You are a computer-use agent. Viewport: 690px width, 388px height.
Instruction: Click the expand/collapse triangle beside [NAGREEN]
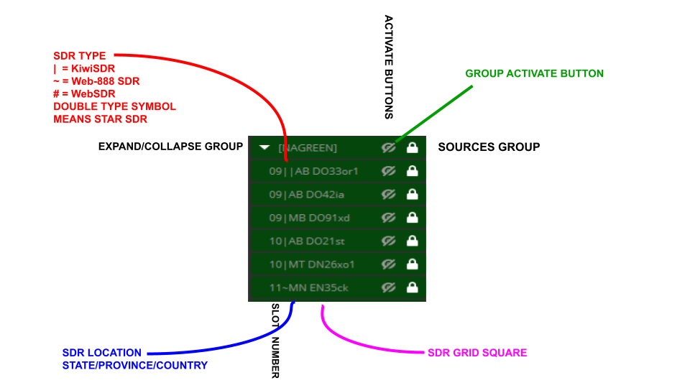(264, 147)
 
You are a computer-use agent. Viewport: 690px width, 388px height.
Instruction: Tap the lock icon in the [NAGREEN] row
(412, 147)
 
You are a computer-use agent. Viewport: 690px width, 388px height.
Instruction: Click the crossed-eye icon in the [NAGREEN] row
(389, 147)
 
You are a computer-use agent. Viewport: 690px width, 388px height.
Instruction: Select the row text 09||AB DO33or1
(313, 171)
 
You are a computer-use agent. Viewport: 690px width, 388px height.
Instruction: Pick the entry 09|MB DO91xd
(309, 218)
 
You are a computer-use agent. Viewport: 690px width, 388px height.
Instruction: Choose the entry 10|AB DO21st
(308, 241)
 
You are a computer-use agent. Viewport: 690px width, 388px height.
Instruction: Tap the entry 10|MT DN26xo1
(312, 264)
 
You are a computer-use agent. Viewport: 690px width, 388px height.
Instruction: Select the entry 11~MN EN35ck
(309, 287)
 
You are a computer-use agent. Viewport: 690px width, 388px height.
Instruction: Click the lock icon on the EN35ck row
(412, 287)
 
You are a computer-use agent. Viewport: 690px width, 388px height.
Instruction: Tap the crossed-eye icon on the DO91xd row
(389, 218)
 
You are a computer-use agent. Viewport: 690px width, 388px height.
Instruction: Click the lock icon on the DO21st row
(412, 241)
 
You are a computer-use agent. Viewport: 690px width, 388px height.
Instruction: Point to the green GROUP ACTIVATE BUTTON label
(534, 73)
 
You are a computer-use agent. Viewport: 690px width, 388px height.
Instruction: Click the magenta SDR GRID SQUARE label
(477, 353)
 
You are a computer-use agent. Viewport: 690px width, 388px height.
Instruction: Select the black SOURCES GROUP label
(489, 147)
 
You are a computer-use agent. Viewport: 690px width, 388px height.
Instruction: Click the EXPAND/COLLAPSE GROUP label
(170, 147)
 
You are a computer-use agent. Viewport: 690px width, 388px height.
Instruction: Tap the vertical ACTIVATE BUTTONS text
(389, 67)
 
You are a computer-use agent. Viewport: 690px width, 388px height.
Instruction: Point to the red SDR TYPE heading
(80, 55)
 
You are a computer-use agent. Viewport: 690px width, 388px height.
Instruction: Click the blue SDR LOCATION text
(102, 353)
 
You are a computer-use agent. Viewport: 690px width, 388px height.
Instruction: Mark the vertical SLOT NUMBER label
(275, 340)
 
